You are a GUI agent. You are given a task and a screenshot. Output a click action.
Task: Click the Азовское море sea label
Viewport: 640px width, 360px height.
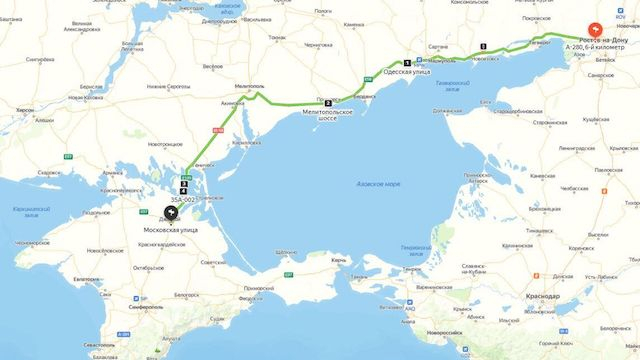[x=378, y=184]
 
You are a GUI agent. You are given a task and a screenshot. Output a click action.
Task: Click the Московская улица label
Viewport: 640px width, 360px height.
[x=163, y=230]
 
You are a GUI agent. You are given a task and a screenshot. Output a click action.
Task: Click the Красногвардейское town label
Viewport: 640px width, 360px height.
[x=164, y=244]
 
